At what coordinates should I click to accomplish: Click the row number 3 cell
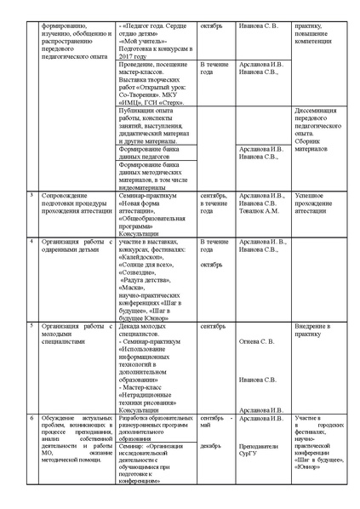click(31, 195)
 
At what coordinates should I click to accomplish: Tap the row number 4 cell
click(31, 242)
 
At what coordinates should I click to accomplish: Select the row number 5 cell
click(31, 326)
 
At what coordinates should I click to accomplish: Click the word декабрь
click(212, 443)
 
